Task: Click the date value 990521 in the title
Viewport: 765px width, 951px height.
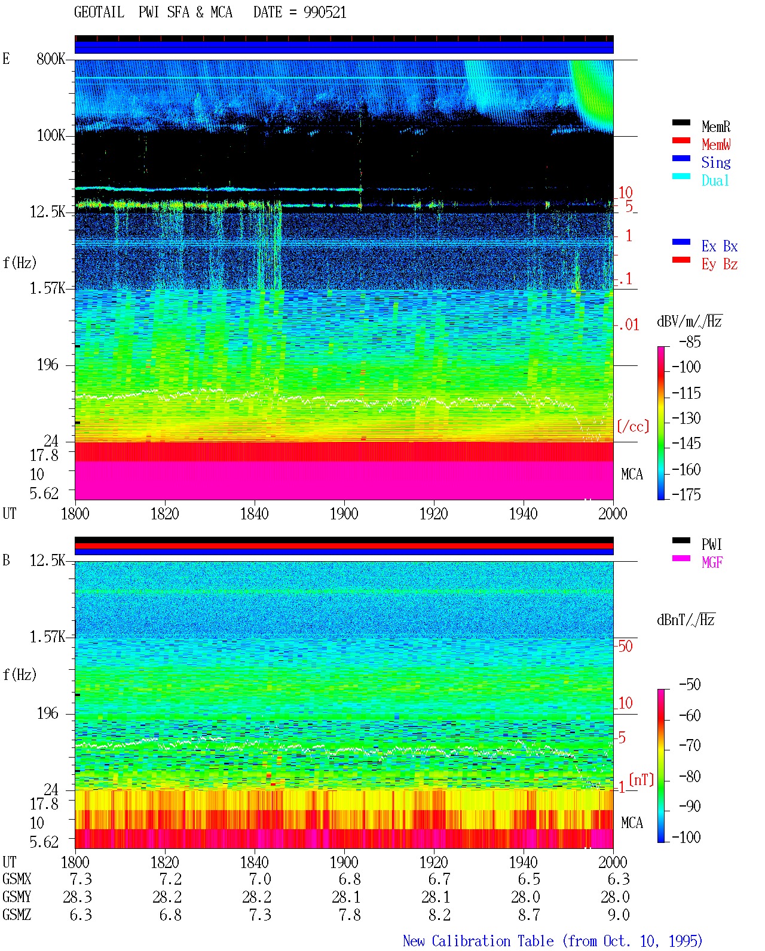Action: click(x=325, y=12)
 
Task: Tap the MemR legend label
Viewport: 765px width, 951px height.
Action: click(x=715, y=127)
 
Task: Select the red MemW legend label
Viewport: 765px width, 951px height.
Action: click(x=716, y=144)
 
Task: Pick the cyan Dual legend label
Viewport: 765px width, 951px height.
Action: click(x=715, y=180)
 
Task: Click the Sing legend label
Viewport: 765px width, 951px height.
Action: click(x=715, y=162)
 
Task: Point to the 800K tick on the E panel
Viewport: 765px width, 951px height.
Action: click(x=50, y=59)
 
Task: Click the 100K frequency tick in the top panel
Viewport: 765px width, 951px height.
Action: click(x=50, y=136)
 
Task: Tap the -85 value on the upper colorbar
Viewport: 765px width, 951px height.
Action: click(x=690, y=341)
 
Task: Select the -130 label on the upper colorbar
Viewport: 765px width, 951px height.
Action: click(x=686, y=418)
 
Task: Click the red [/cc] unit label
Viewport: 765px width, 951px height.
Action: click(x=633, y=426)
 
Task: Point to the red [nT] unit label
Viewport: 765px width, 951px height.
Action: click(x=641, y=780)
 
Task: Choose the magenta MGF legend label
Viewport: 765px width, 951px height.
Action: click(x=712, y=562)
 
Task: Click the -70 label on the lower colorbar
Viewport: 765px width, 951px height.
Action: click(x=690, y=745)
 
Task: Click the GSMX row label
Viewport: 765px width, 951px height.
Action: click(x=17, y=879)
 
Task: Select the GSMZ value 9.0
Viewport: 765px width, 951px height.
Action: click(x=619, y=915)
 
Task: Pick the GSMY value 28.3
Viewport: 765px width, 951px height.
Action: click(x=77, y=897)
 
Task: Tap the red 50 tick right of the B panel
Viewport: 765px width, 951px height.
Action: click(x=625, y=646)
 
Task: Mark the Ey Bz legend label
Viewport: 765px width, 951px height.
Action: click(x=720, y=264)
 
